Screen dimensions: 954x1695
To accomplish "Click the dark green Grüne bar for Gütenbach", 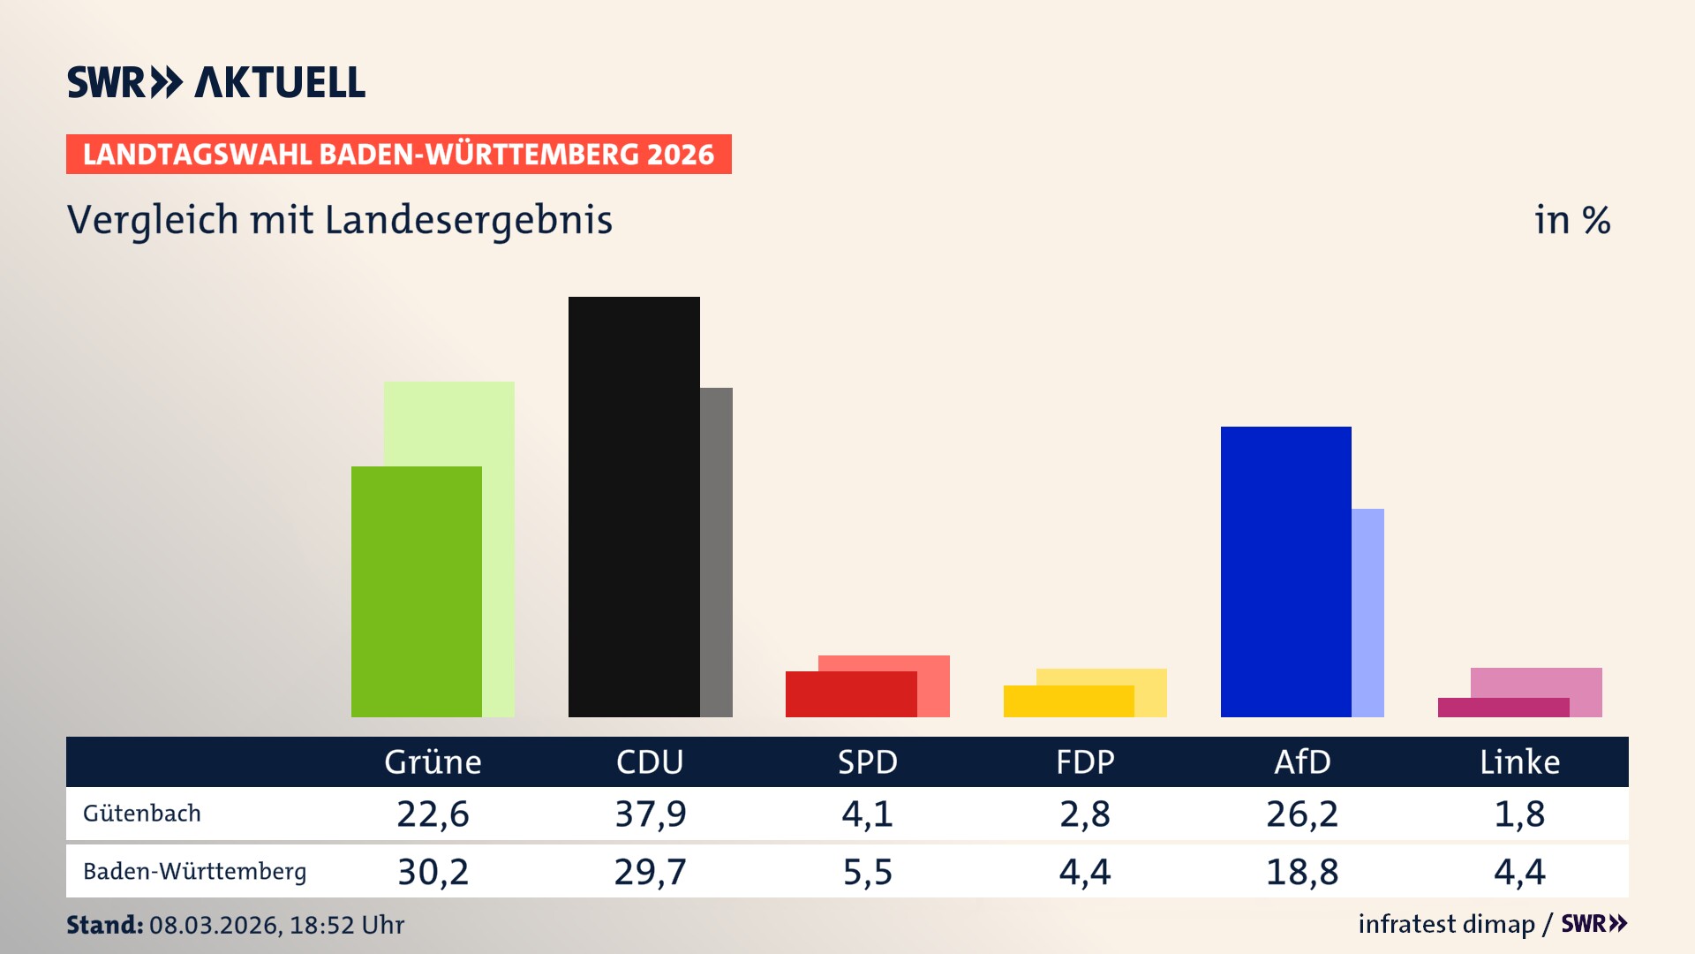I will tap(417, 592).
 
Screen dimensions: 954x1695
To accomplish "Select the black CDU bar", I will tap(634, 507).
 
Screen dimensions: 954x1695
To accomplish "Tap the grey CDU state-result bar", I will tap(717, 552).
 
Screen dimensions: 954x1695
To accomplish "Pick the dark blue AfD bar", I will tap(1285, 572).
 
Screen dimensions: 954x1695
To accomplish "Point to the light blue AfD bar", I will tap(1368, 613).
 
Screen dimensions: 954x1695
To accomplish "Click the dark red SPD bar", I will tap(851, 694).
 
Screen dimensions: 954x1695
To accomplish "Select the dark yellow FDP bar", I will tap(1068, 701).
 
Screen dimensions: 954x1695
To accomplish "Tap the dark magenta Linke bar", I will tap(1503, 708).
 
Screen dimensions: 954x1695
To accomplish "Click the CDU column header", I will tap(650, 762).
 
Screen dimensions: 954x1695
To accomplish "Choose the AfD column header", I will tap(1302, 762).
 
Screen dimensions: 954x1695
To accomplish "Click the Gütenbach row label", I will tap(142, 814).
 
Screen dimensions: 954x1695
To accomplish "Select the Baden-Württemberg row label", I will tap(195, 872).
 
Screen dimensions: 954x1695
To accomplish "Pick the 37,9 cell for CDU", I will tap(651, 814).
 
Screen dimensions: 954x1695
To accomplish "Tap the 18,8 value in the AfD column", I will tap(1302, 872).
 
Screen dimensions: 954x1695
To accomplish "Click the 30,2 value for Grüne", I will tap(433, 872).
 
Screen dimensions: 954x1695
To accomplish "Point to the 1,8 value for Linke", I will tap(1519, 814).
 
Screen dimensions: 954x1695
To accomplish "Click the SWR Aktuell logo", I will tap(216, 83).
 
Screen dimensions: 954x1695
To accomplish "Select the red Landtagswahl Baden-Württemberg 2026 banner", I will tap(398, 155).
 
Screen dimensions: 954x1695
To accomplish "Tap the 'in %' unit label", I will tap(1572, 220).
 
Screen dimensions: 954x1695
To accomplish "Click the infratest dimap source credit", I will tap(1446, 924).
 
